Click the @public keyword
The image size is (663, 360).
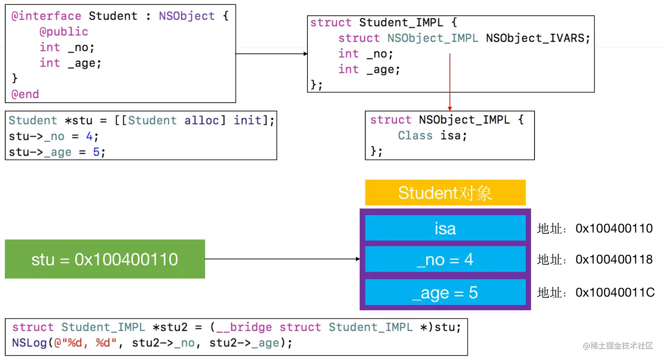click(x=64, y=32)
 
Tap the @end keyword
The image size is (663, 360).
click(x=25, y=94)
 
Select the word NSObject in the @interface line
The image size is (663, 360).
click(x=187, y=16)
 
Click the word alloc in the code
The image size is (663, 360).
click(x=202, y=121)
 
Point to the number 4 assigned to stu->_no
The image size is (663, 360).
click(x=89, y=136)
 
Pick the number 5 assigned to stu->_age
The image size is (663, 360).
click(x=96, y=152)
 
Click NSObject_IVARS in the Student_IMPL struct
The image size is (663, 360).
click(x=535, y=38)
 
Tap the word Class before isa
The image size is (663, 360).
click(x=415, y=135)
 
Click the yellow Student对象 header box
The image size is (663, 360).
click(x=445, y=192)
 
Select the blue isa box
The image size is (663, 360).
click(x=445, y=228)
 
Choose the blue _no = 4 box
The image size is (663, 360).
click(x=445, y=259)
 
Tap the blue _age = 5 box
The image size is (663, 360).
click(x=445, y=292)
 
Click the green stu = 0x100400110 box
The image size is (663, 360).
click(x=105, y=259)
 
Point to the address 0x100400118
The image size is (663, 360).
click(x=614, y=259)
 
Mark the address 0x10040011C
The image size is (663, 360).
click(x=615, y=292)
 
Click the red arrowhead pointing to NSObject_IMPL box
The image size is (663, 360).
click(x=449, y=109)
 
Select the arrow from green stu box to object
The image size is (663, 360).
click(x=282, y=259)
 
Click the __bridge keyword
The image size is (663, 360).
click(x=244, y=328)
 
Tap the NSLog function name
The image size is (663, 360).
click(x=29, y=343)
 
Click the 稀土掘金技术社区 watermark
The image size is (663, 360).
click(x=618, y=346)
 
